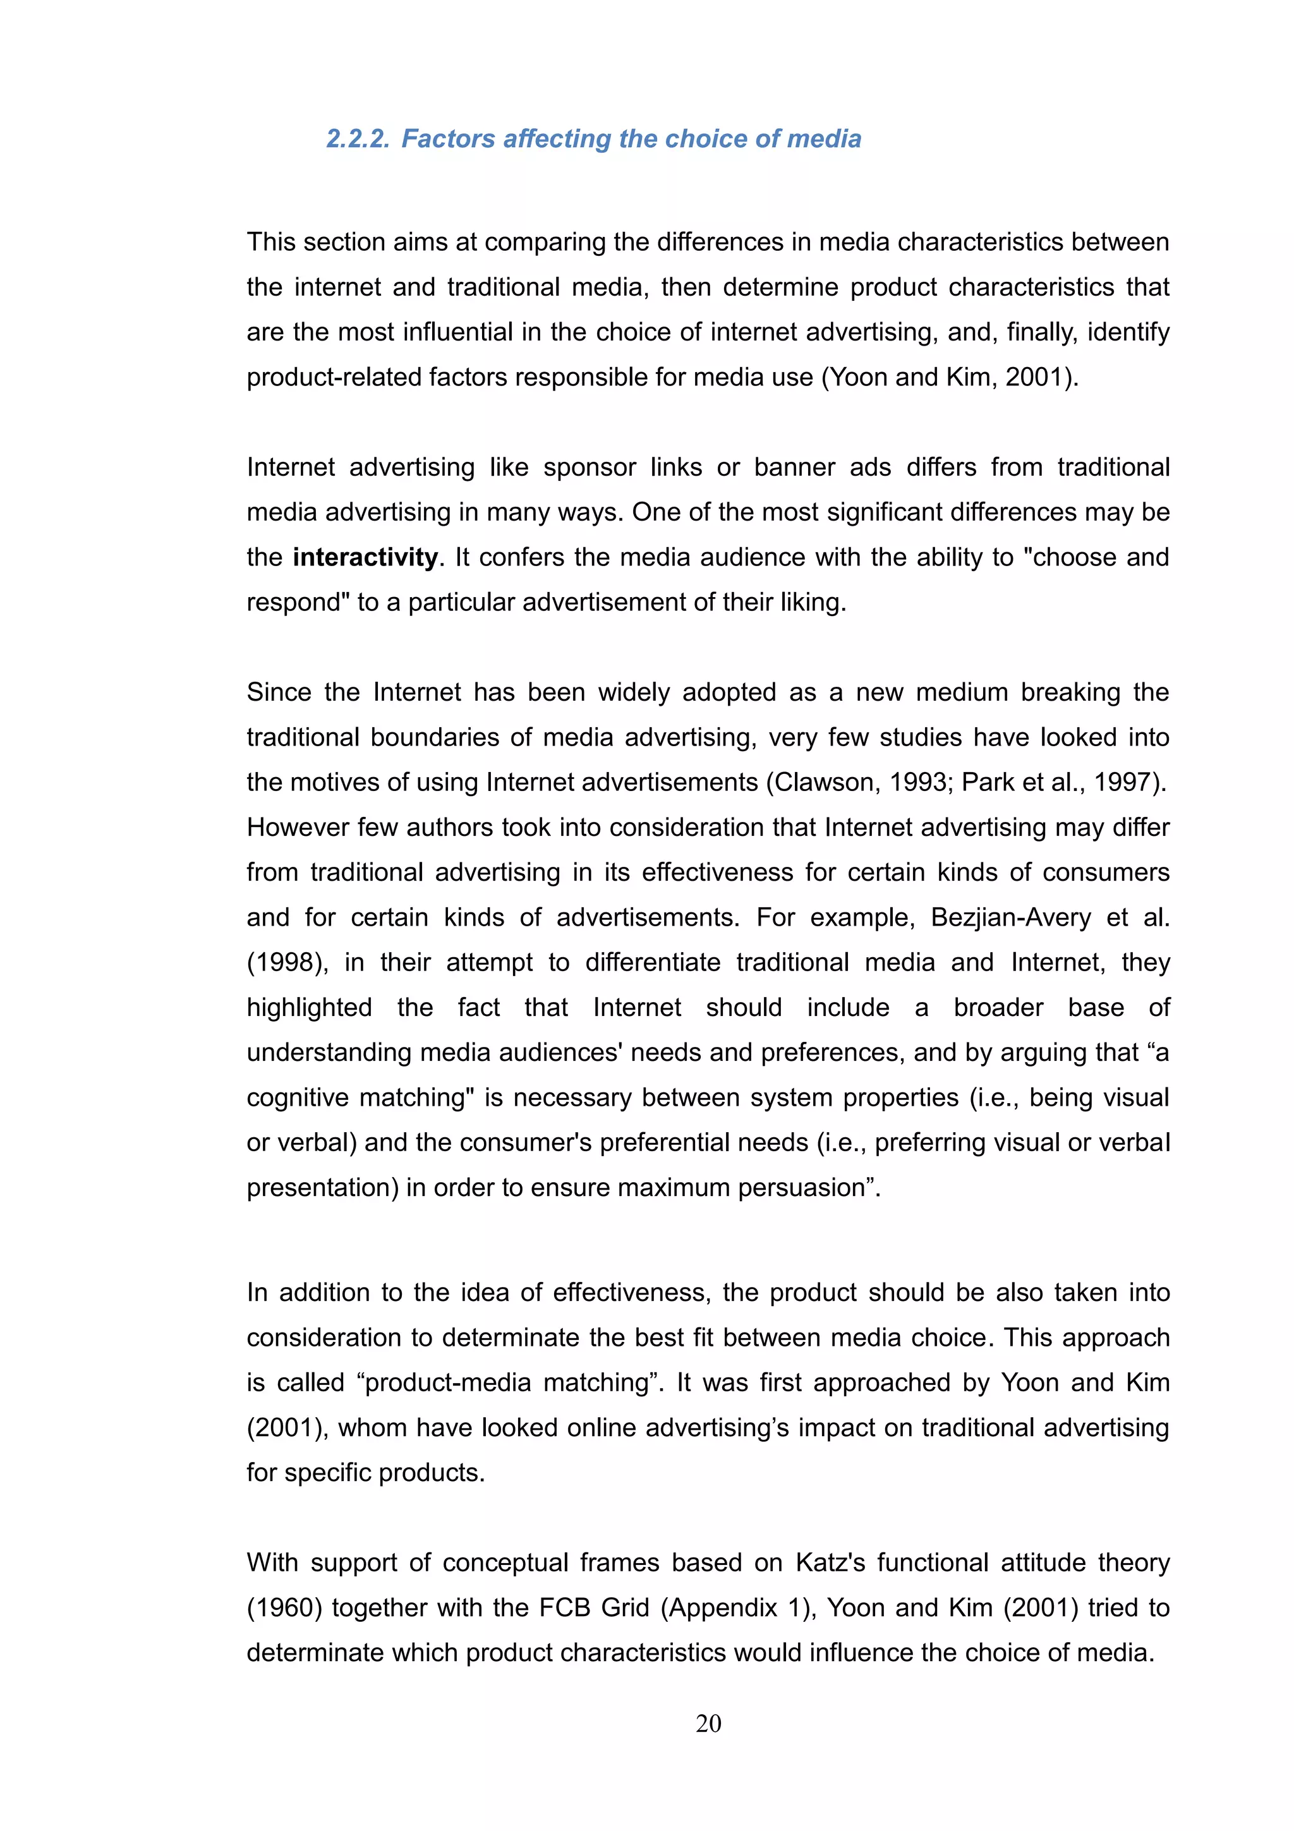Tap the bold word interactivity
[x=365, y=557]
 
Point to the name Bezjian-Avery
[x=1010, y=917]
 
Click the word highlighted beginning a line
[x=310, y=1007]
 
